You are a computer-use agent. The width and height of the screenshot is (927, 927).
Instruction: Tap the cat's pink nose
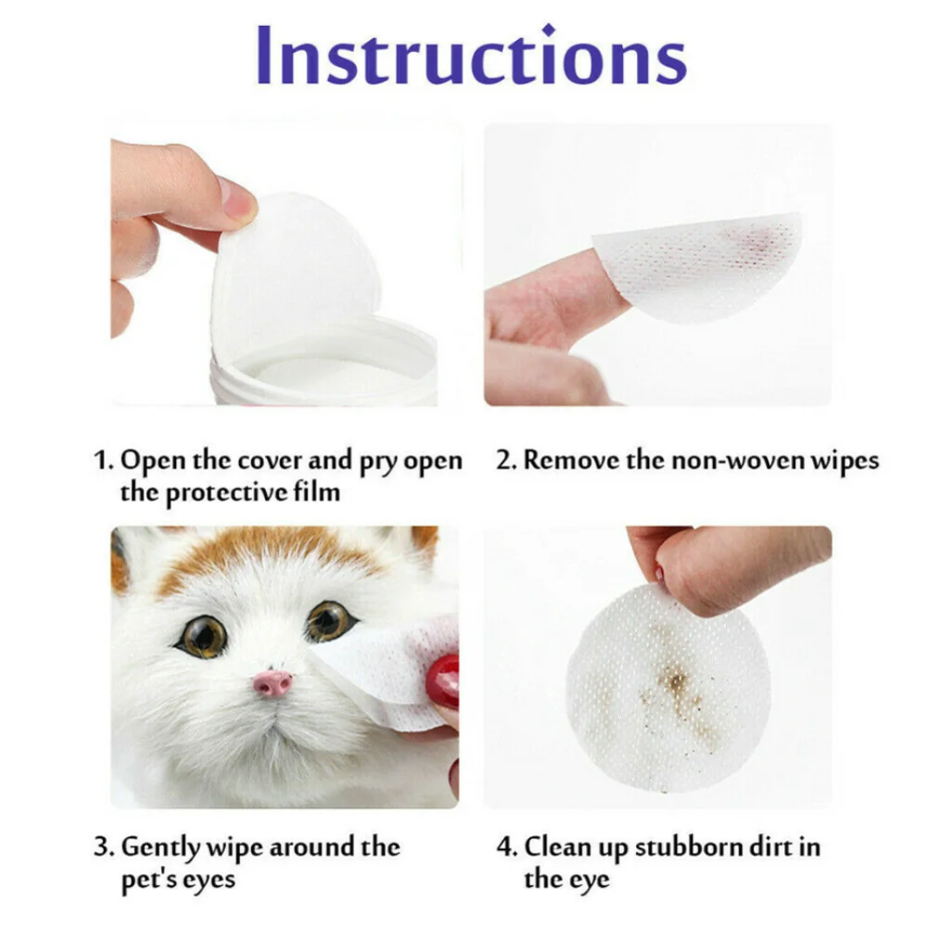pyautogui.click(x=273, y=684)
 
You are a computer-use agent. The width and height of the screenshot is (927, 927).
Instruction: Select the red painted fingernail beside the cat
pyautogui.click(x=444, y=681)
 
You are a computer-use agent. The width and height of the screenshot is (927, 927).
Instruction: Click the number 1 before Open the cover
pyautogui.click(x=103, y=461)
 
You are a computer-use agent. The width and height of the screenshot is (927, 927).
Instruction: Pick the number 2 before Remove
pyautogui.click(x=504, y=461)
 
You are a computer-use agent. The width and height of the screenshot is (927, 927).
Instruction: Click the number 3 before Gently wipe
pyautogui.click(x=103, y=846)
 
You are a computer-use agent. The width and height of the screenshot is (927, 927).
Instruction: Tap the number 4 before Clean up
pyautogui.click(x=505, y=846)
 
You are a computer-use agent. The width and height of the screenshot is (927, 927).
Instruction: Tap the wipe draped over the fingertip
pyautogui.click(x=705, y=264)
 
